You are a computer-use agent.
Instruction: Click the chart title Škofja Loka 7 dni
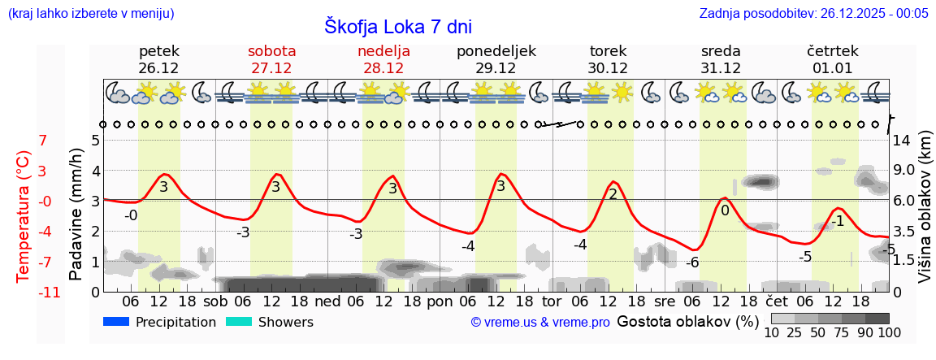[397, 26]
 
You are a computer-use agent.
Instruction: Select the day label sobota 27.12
[271, 59]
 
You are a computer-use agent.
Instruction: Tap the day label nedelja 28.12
[383, 59]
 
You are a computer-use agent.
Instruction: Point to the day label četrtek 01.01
[833, 59]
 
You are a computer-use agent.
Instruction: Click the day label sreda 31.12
[721, 59]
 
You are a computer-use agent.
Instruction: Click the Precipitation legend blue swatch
[116, 322]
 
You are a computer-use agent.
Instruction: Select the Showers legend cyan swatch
[239, 322]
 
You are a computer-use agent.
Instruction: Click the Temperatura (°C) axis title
[24, 216]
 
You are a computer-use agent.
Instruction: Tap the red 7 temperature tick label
[43, 141]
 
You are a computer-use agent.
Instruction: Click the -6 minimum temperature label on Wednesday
[691, 262]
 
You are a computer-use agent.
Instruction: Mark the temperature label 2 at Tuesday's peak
[613, 194]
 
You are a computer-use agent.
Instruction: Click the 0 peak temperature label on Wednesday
[725, 210]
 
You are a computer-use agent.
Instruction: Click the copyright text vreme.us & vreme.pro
[540, 323]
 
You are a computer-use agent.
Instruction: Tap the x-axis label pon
[440, 301]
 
